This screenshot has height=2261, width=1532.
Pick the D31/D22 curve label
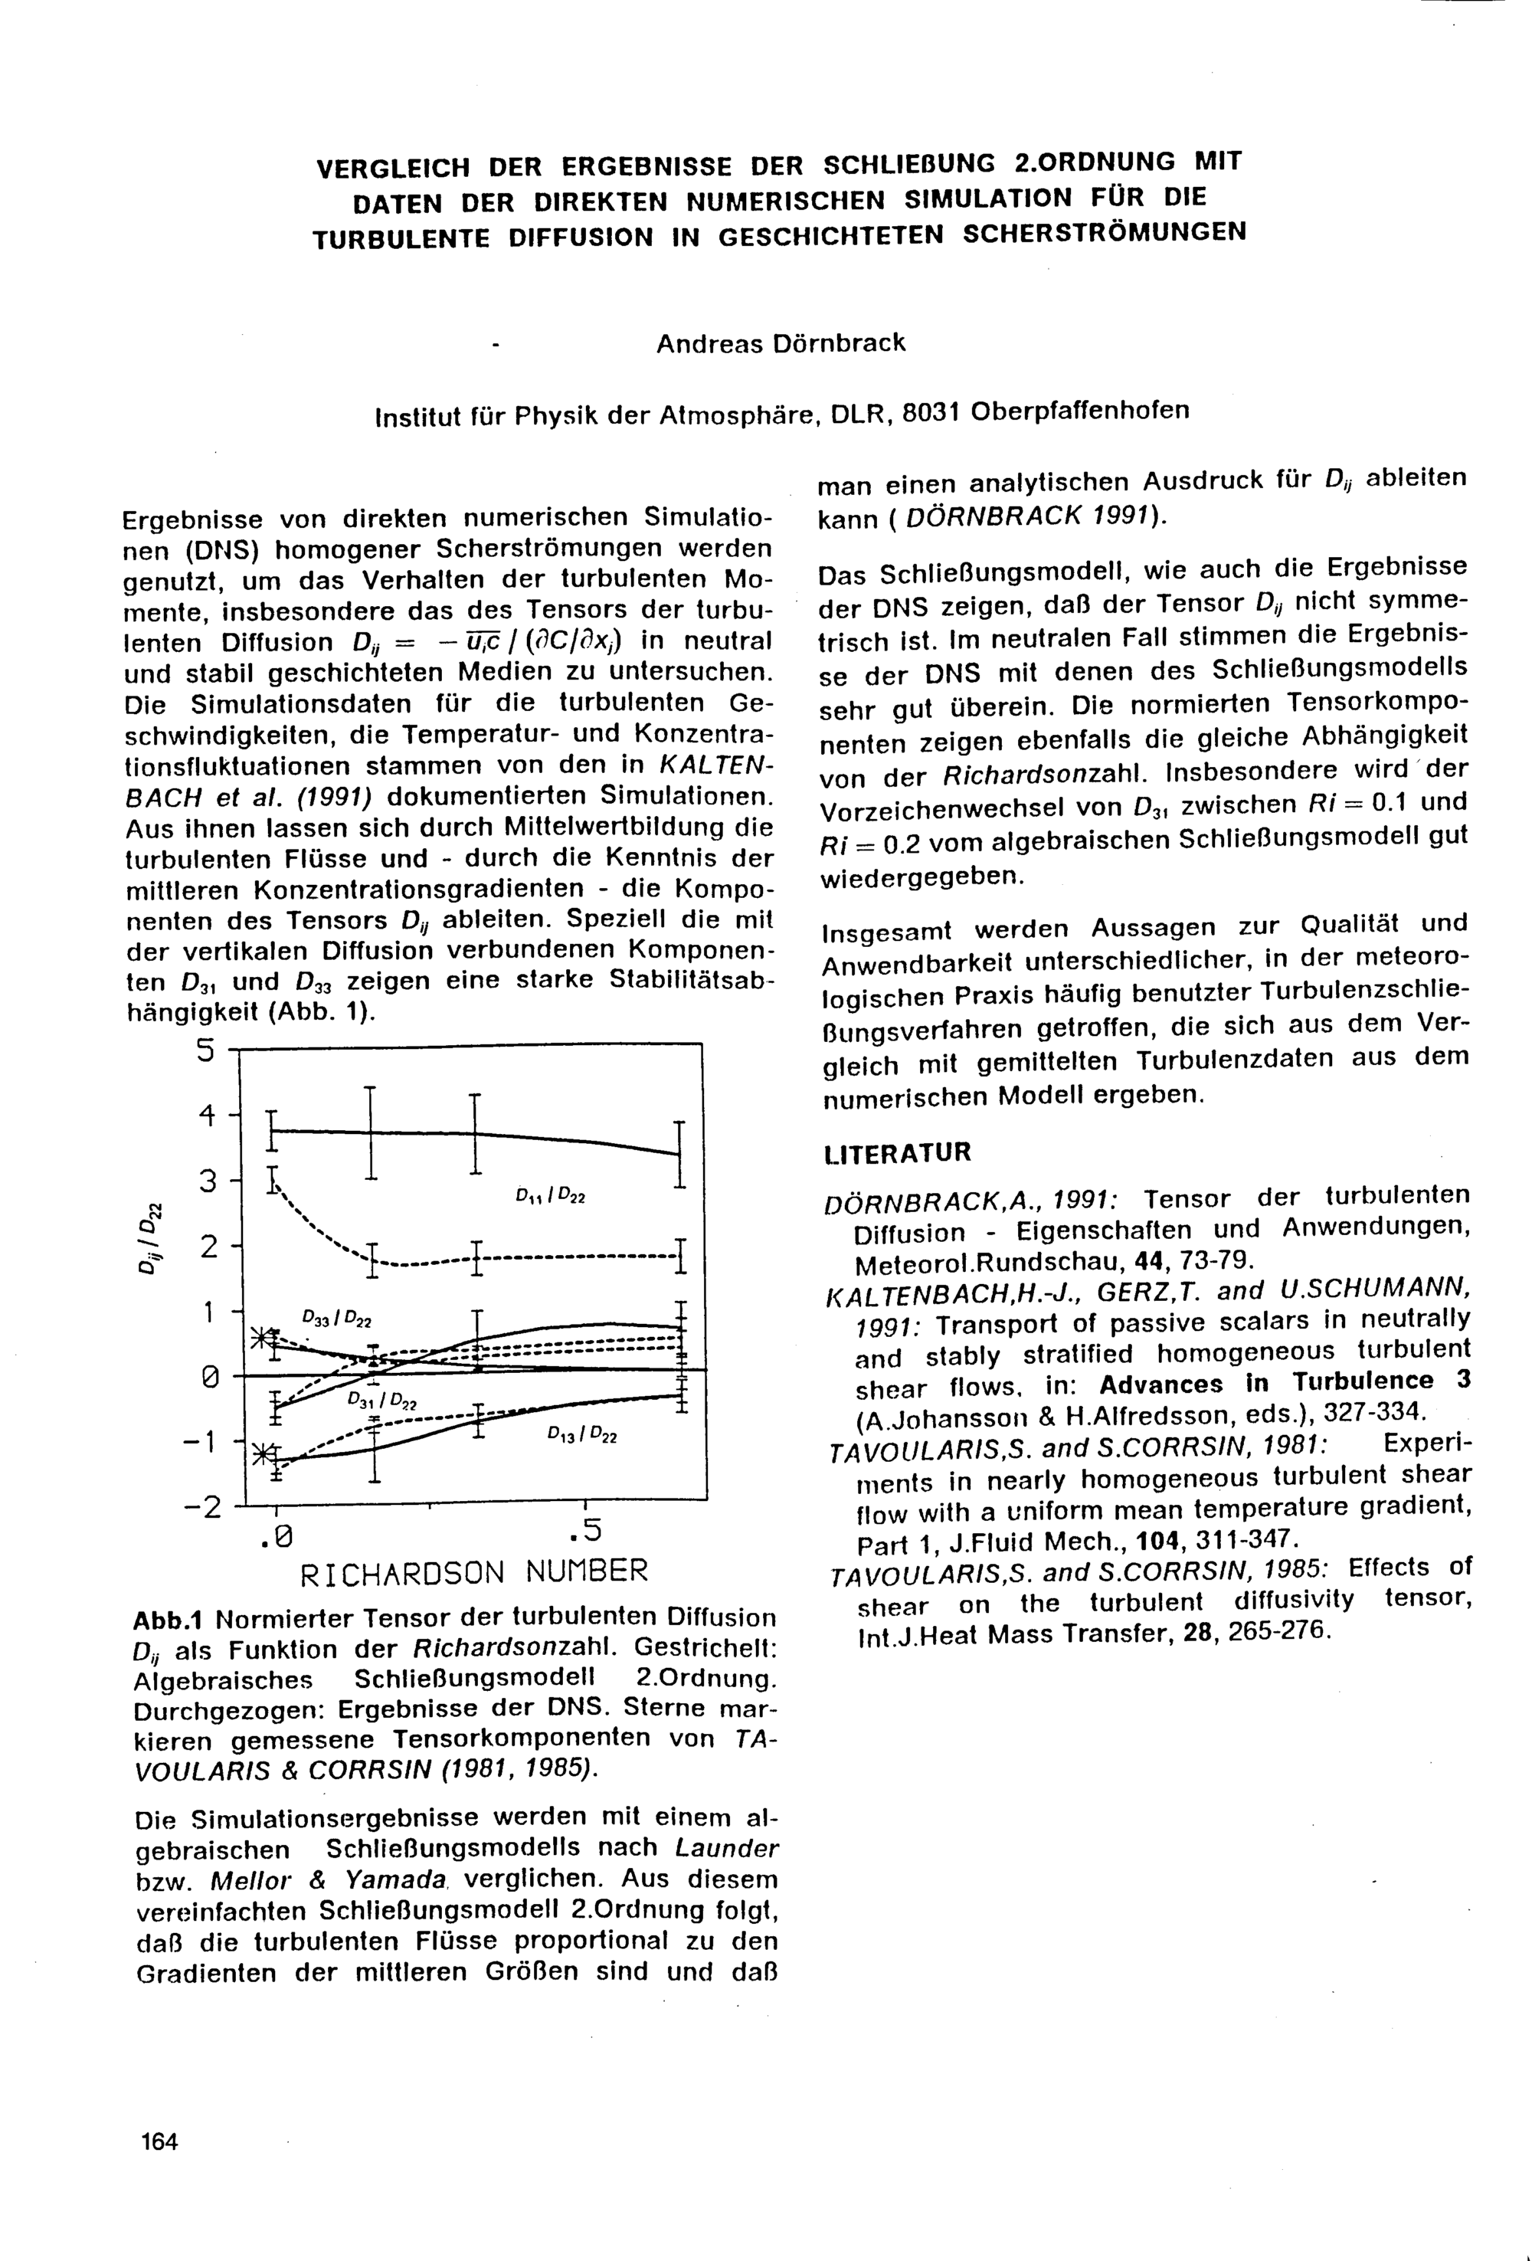click(x=382, y=1401)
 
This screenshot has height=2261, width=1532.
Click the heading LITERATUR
click(x=896, y=1153)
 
